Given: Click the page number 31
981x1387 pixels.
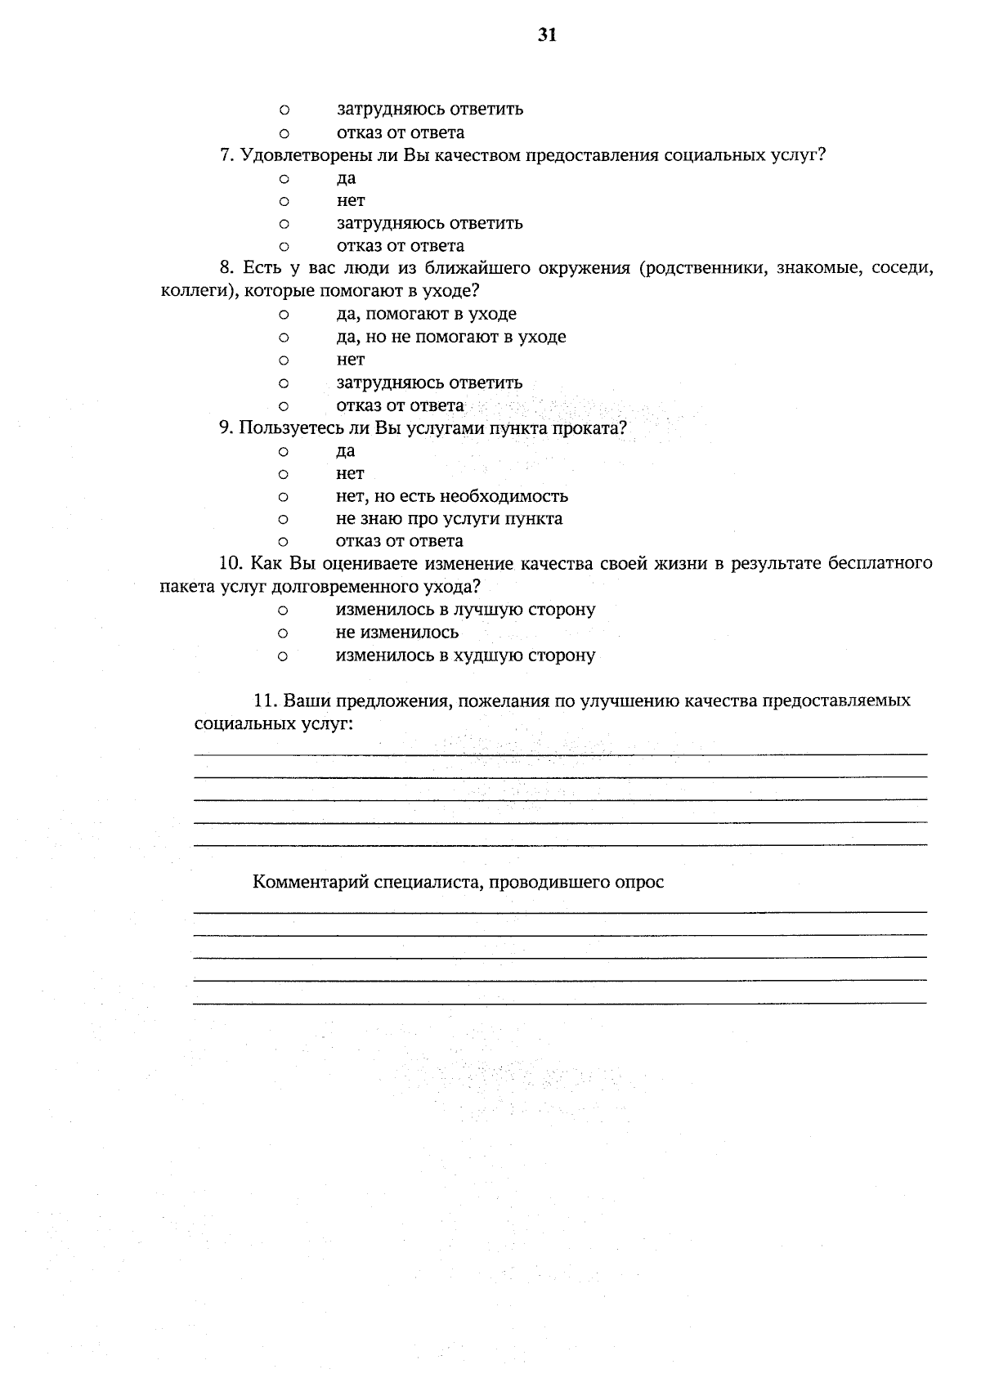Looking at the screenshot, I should (547, 34).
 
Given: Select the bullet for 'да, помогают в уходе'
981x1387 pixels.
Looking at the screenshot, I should (284, 314).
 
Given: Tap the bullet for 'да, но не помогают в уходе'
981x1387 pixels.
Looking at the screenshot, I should (284, 337).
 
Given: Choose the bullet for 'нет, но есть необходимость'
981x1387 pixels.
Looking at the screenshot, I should (284, 496).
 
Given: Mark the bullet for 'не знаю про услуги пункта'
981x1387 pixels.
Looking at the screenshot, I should (284, 519).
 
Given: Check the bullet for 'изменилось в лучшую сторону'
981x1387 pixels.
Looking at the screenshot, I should (283, 610).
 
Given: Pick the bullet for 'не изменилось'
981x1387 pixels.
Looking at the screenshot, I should (283, 633).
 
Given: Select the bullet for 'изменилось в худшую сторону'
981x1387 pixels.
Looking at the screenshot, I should (283, 655).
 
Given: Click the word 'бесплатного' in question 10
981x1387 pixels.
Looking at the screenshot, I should (880, 563).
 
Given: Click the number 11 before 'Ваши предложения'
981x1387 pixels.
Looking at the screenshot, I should (263, 700).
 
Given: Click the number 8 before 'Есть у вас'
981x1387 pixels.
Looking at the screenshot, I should (225, 268).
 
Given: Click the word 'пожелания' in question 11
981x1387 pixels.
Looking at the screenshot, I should (499, 700).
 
